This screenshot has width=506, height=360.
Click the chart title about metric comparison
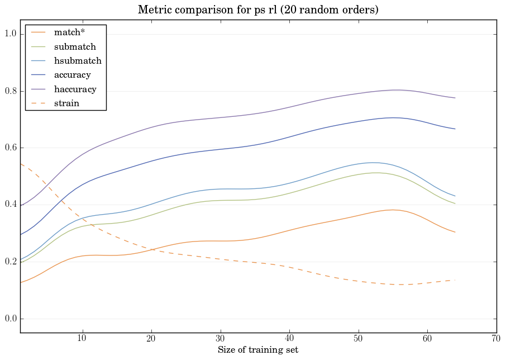pyautogui.click(x=257, y=10)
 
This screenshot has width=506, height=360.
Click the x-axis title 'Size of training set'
pyautogui.click(x=257, y=350)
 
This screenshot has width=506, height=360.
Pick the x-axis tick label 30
pyautogui.click(x=220, y=339)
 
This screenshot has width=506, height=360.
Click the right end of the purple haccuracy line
pyautogui.click(x=455, y=98)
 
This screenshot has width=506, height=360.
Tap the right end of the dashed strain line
pyautogui.click(x=455, y=280)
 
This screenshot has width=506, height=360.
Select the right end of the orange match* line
pyautogui.click(x=455, y=232)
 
